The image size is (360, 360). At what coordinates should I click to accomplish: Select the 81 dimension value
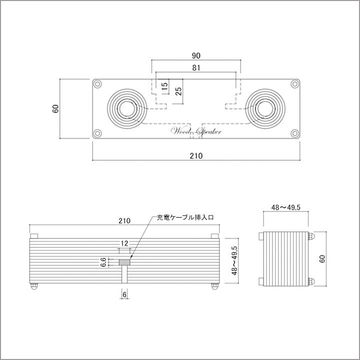pos(196,67)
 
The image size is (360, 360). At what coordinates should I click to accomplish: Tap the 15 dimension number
pos(164,85)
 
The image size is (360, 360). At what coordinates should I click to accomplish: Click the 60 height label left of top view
pos(56,108)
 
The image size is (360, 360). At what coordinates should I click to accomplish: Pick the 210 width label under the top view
pos(196,156)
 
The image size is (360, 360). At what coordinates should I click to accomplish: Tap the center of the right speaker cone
pos(265,108)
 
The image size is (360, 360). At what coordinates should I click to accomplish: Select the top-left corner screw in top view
pos(97,84)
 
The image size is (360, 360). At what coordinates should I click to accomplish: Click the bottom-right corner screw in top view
pos(295,133)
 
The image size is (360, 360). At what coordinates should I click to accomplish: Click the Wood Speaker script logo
pos(196,131)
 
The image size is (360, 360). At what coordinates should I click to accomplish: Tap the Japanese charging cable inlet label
pos(185,218)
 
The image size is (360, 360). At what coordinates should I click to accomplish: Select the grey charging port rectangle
pos(124,261)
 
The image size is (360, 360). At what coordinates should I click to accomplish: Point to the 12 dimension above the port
pos(124,243)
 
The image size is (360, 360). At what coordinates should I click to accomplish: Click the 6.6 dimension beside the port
pos(103,261)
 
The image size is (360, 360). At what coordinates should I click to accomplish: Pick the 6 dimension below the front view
pos(124,295)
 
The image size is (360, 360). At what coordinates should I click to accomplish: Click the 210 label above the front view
pos(124,220)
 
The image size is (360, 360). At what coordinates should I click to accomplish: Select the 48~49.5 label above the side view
pos(285,207)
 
